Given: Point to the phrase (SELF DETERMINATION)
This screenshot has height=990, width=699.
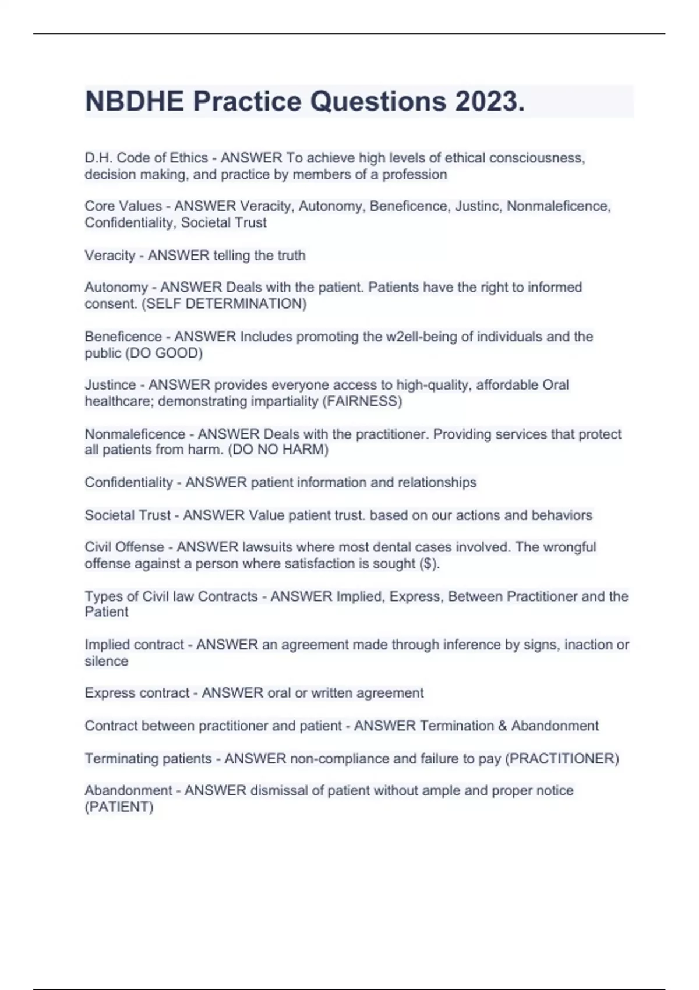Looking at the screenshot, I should pos(224,304).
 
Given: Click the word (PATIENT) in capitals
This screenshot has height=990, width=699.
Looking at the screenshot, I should pos(119,807).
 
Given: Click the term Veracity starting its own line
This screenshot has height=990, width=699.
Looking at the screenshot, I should pos(110,256).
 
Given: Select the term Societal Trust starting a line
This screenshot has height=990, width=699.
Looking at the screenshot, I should pos(127,515).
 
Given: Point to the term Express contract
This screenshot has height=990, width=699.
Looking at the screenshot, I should pos(137,693).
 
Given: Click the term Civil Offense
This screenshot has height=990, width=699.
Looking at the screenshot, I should pos(124,547).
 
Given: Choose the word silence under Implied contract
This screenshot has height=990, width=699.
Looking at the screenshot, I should pos(106,662).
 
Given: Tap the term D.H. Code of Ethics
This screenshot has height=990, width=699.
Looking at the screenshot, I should pos(146,158).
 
